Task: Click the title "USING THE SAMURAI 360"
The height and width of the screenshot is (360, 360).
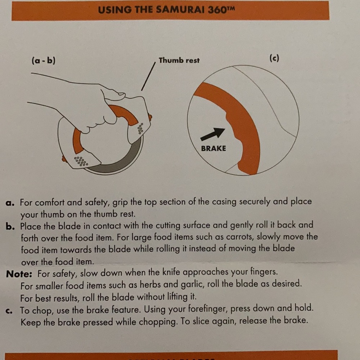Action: tap(166, 10)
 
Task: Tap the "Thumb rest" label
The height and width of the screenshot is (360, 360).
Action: tap(179, 60)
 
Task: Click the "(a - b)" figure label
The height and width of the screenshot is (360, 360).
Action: tap(44, 60)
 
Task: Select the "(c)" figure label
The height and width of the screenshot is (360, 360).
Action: tap(274, 59)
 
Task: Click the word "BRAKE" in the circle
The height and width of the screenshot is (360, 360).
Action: tap(213, 148)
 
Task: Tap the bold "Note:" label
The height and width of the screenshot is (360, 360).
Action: tap(19, 274)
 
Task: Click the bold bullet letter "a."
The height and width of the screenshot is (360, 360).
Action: tap(10, 203)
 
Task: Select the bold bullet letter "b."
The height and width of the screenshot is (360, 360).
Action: tap(10, 226)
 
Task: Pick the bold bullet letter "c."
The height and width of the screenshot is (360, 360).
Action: tap(10, 311)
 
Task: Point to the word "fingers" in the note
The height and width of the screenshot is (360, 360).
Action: tap(264, 272)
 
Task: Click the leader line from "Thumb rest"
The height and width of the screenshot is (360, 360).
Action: tap(148, 76)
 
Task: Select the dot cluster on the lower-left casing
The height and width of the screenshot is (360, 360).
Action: tap(81, 161)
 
